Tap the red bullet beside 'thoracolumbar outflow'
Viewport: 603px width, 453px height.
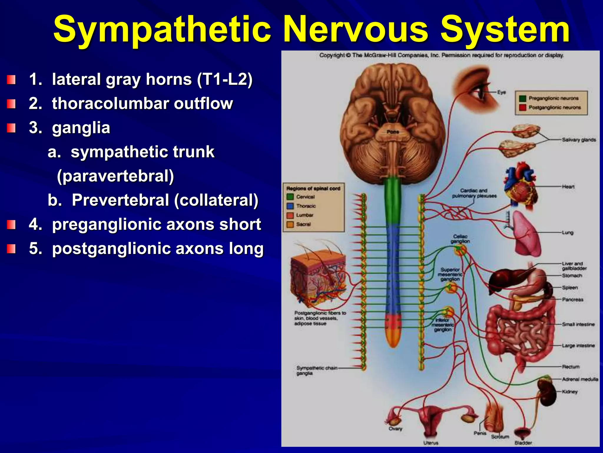[11, 104]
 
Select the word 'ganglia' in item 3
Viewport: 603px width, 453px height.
[81, 128]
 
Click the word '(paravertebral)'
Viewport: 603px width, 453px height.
[115, 176]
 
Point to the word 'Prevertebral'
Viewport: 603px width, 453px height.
[121, 200]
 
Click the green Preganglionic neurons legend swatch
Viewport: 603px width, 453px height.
[522, 99]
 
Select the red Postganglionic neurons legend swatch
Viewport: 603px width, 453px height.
[522, 107]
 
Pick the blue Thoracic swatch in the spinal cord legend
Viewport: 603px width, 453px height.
[290, 206]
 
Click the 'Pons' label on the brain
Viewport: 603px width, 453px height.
[393, 132]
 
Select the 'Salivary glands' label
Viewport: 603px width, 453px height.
[579, 140]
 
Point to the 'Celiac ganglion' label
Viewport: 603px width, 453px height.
[460, 239]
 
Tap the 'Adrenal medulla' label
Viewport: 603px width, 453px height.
[580, 379]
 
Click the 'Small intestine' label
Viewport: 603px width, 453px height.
[578, 324]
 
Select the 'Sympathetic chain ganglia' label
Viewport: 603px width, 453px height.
[317, 371]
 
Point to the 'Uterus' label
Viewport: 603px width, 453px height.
[431, 443]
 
